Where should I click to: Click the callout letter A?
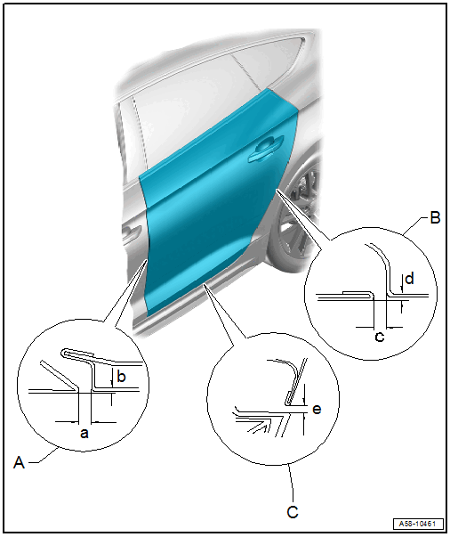20,463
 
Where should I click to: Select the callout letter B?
435,218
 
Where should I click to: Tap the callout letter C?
293,512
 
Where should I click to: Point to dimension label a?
84,434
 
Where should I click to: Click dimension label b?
121,377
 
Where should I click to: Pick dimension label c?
380,337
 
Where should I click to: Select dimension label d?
409,279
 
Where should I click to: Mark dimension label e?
317,410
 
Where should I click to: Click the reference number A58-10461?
417,524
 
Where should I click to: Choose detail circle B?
371,294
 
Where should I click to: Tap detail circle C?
273,399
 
